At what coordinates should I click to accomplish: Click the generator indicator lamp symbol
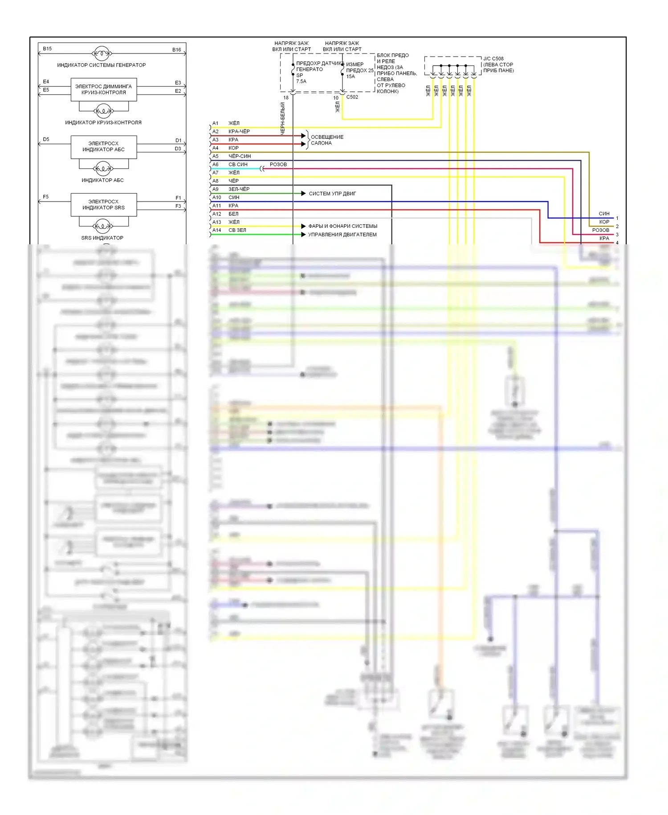pos(102,54)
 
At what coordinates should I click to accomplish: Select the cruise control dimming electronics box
pos(104,90)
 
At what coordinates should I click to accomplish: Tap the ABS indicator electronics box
pos(104,147)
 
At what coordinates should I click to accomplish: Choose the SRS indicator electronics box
pos(104,205)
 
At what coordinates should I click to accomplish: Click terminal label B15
pos(47,49)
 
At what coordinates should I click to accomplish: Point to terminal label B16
pos(177,50)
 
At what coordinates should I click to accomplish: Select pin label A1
pos(216,123)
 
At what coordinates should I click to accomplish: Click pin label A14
pos(216,230)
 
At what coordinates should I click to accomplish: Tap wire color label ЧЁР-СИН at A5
pos(240,156)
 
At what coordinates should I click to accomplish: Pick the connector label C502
pos(352,97)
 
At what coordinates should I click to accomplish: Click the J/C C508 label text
pos(493,58)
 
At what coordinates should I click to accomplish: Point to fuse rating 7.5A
pos(301,81)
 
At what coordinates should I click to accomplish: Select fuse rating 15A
pos(351,76)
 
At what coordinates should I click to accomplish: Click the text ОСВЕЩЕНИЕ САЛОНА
pos(327,140)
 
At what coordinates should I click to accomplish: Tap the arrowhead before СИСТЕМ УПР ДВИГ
pos(303,193)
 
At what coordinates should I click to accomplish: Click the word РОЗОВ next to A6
pos(278,165)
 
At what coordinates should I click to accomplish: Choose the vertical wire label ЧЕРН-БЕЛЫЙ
pos(282,118)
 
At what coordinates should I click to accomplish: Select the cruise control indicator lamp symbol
pos(103,111)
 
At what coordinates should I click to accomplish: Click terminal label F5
pos(46,197)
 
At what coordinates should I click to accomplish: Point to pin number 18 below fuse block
pos(286,98)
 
